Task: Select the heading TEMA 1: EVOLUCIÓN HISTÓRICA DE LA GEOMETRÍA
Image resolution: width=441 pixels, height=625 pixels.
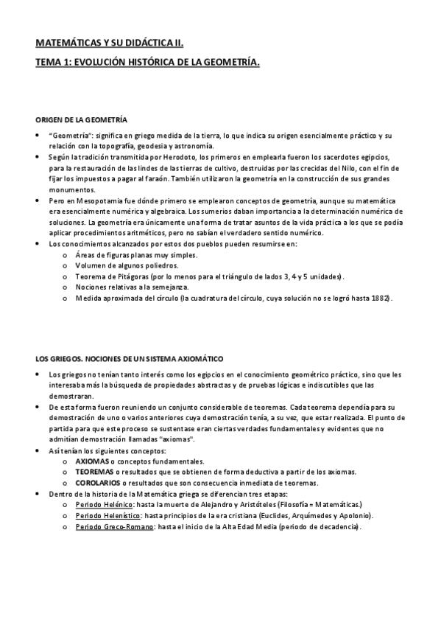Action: pyautogui.click(x=148, y=64)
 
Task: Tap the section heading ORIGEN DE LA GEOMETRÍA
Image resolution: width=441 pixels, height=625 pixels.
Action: pyautogui.click(x=81, y=119)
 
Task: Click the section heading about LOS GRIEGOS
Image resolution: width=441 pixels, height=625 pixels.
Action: pyautogui.click(x=130, y=357)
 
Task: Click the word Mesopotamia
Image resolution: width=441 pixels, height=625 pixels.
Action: pyautogui.click(x=96, y=201)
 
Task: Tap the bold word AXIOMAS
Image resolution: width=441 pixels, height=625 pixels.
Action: pyautogui.click(x=92, y=461)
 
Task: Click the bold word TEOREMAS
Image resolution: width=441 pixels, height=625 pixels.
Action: pyautogui.click(x=95, y=472)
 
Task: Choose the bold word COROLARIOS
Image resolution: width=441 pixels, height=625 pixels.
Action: pyautogui.click(x=99, y=482)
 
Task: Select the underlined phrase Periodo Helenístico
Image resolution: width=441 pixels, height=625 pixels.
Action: pyautogui.click(x=109, y=516)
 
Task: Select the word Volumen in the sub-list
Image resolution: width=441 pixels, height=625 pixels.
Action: pyautogui.click(x=91, y=265)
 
